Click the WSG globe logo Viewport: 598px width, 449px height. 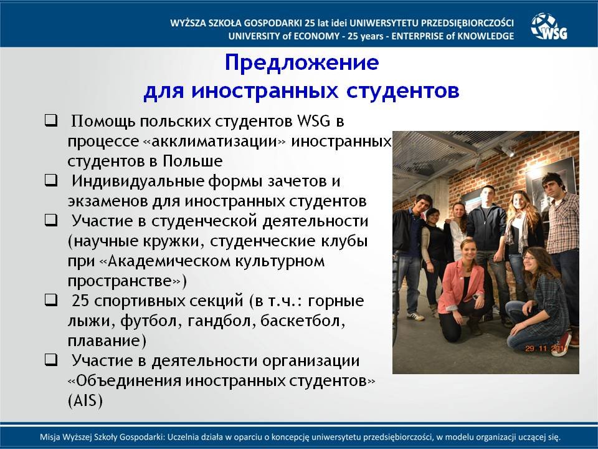point(549,26)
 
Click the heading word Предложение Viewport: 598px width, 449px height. point(301,62)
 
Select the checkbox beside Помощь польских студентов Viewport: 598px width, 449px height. point(51,120)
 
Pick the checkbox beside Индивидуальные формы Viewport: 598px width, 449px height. point(51,180)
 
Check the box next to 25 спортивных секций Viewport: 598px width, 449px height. point(51,300)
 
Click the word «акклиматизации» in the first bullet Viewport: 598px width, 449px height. point(214,142)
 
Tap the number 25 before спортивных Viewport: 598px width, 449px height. point(80,301)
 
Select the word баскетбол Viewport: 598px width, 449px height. point(303,321)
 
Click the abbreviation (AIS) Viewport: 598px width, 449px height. point(85,401)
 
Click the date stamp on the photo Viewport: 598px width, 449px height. point(546,348)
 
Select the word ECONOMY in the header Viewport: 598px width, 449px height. point(316,36)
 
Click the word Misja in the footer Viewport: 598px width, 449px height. point(50,437)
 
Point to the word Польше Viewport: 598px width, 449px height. point(192,161)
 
